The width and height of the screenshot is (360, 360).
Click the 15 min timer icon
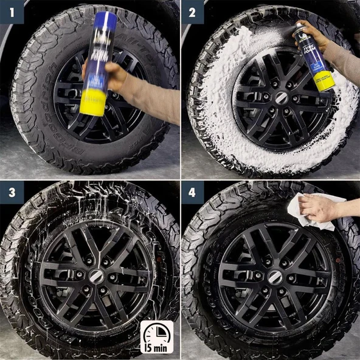tap(156, 337)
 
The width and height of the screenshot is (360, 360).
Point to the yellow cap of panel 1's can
tap(92, 102)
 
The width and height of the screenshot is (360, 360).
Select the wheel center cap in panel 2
tap(280, 97)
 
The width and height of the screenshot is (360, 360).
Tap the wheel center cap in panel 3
tap(95, 275)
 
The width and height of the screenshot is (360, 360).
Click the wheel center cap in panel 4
tap(275, 276)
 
